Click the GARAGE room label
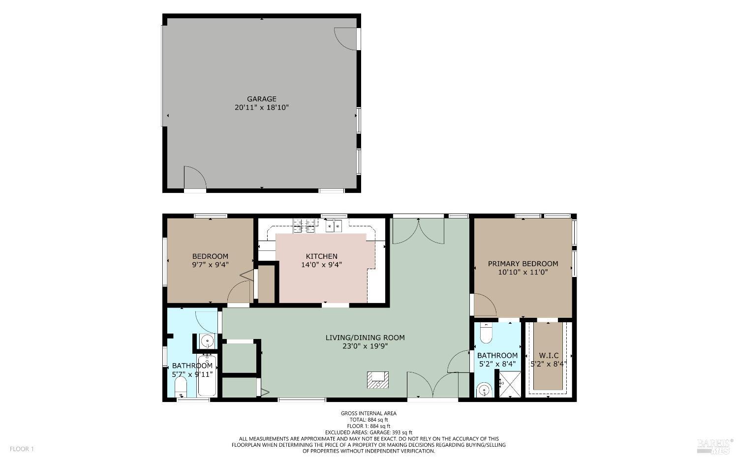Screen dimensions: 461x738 click(261, 99)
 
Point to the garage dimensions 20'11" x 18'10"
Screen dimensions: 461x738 click(261, 107)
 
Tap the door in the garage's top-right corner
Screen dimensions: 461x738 click(345, 38)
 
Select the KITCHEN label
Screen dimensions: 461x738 click(321, 256)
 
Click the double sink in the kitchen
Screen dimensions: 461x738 click(334, 226)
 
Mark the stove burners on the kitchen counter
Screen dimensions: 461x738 click(304, 225)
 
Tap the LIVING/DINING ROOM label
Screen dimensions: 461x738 click(365, 338)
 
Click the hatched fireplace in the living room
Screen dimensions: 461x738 click(378, 379)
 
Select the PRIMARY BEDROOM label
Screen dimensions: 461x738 click(523, 264)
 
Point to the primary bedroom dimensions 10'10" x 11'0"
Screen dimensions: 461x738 click(523, 272)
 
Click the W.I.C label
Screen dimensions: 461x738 click(549, 355)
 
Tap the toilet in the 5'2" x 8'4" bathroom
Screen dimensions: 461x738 click(486, 334)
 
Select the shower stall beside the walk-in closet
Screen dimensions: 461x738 click(510, 384)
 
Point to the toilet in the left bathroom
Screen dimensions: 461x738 click(181, 387)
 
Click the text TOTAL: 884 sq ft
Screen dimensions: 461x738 click(369, 420)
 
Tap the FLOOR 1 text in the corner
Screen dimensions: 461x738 click(22, 449)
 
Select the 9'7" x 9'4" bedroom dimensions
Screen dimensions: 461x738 click(210, 265)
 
